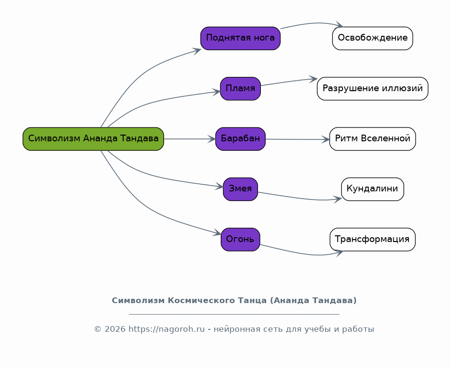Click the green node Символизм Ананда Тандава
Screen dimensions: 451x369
tap(93, 139)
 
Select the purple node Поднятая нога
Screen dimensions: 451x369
tap(240, 38)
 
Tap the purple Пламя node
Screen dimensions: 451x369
tap(240, 88)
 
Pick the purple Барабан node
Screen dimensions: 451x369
tap(240, 139)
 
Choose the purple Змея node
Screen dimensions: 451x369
tap(240, 189)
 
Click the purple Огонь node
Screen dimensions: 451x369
tap(240, 239)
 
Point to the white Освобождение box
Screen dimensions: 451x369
tap(373, 38)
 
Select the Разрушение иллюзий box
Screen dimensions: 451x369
tap(373, 88)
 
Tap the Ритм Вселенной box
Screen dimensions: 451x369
tap(373, 139)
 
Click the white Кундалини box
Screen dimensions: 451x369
tap(373, 189)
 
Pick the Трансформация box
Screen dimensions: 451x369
tap(373, 239)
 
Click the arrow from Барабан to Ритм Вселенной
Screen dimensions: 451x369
tap(298, 139)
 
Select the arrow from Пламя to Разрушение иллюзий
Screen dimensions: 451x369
tap(289, 81)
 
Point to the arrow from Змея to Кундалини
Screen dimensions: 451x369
tap(299, 198)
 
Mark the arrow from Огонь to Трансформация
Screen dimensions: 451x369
tap(301, 253)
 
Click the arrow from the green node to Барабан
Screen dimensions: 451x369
tap(190, 139)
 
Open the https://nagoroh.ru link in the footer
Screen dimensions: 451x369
tap(167, 329)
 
